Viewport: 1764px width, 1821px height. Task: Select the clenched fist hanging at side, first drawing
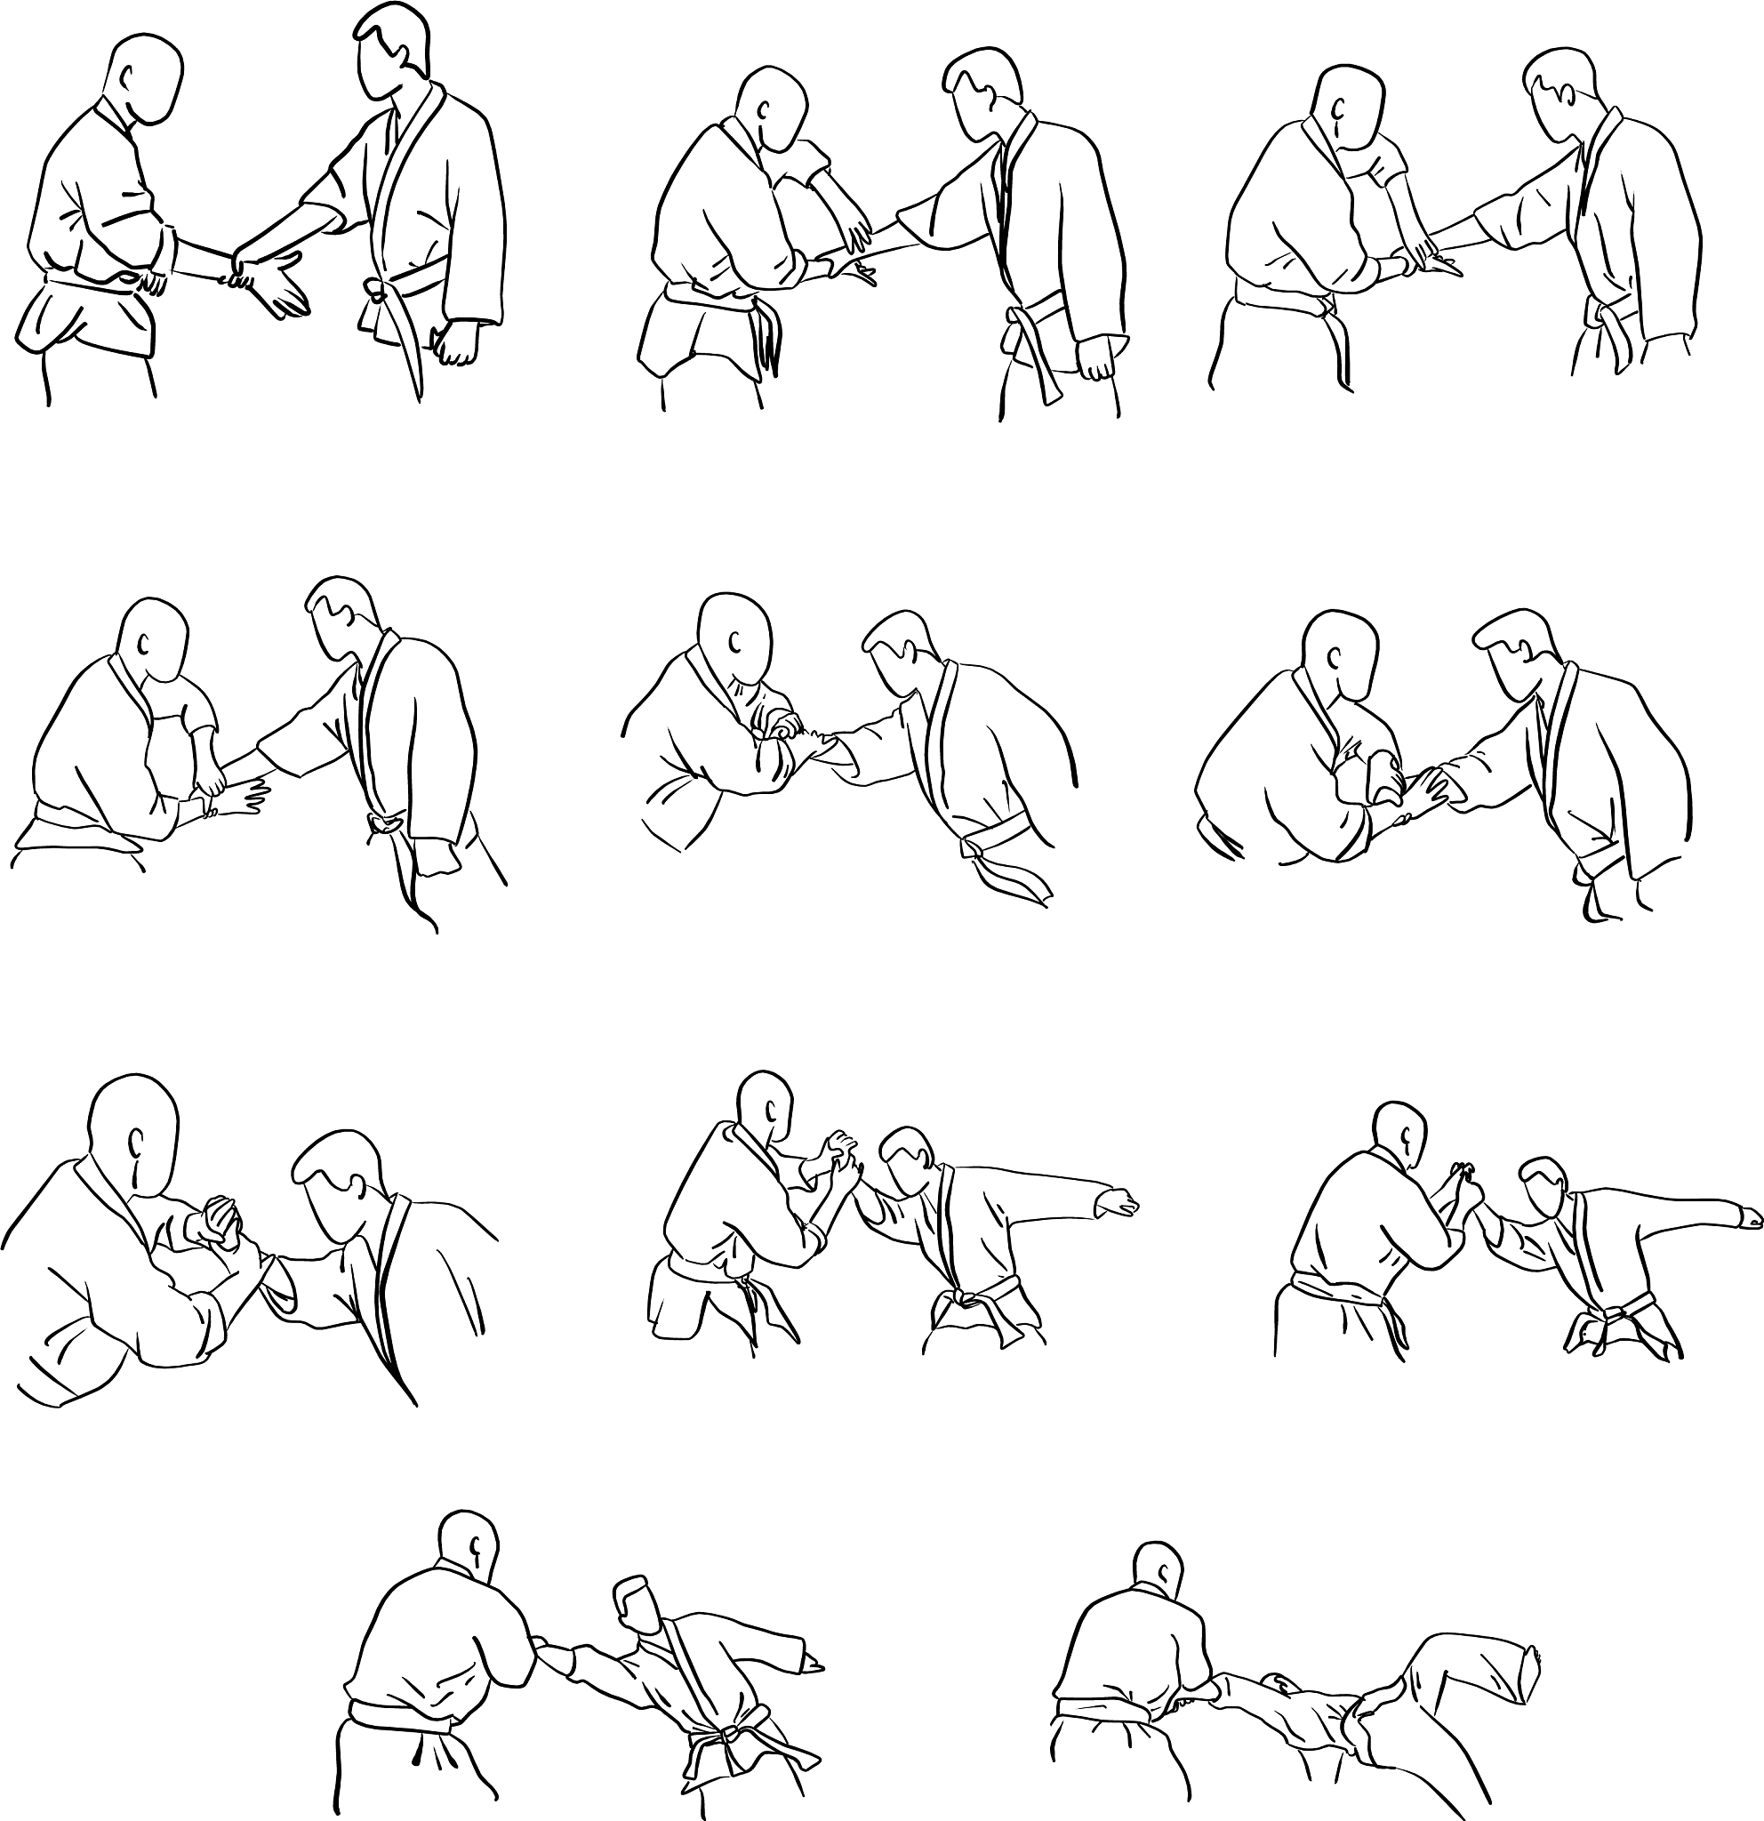[x=456, y=342]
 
